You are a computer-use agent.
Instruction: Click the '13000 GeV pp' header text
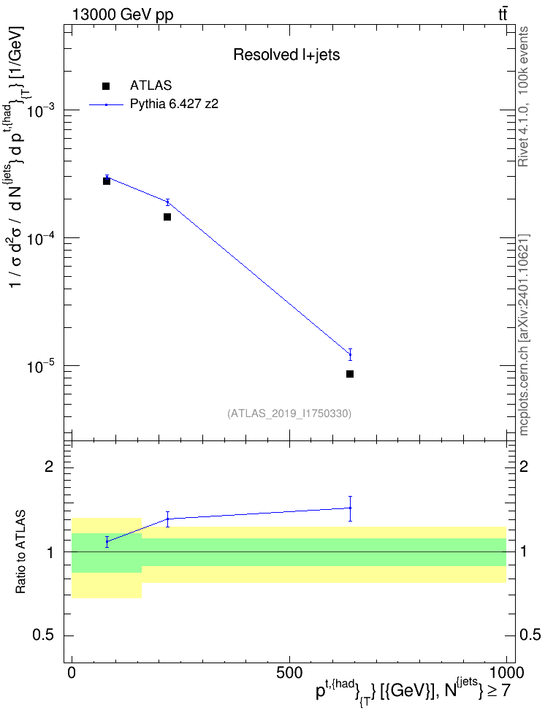[122, 15]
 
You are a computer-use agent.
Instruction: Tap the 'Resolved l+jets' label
[286, 55]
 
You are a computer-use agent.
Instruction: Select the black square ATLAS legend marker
[106, 86]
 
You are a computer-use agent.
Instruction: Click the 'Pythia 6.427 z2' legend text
[174, 104]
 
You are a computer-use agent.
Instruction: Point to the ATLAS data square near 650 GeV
[350, 374]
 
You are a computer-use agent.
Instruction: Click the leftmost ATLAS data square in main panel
[107, 181]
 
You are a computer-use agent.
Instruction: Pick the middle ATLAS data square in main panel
[167, 217]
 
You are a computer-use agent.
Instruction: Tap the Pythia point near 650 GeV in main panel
[350, 354]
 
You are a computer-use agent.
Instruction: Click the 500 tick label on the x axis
[289, 673]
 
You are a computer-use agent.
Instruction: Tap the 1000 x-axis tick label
[506, 673]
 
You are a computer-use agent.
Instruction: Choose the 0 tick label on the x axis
[72, 673]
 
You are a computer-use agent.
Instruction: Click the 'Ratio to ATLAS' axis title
[20, 552]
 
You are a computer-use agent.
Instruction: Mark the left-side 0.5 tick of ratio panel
[44, 635]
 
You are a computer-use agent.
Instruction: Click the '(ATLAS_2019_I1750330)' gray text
[289, 413]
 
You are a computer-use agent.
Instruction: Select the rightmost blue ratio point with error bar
[350, 508]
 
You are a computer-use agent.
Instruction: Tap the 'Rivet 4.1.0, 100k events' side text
[523, 96]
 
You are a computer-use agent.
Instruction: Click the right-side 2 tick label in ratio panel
[524, 466]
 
